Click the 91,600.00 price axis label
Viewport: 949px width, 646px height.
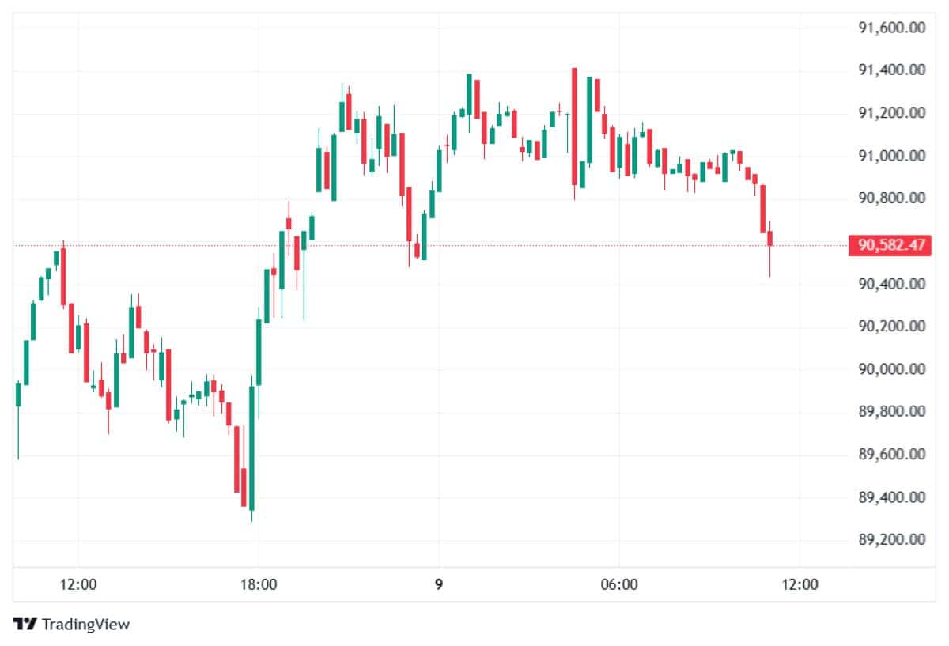point(892,28)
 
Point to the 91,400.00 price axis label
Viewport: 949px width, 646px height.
point(892,71)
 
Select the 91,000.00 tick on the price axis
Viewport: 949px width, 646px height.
point(892,156)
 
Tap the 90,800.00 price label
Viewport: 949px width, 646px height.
point(892,198)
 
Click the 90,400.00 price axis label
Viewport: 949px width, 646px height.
point(892,284)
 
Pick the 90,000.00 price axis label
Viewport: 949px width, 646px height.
point(892,369)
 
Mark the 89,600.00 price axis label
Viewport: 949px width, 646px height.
point(892,455)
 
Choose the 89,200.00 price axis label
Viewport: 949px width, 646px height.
point(892,540)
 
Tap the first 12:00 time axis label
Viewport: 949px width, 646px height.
point(78,585)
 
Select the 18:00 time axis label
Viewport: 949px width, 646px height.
point(259,585)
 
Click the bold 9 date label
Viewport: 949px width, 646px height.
point(439,585)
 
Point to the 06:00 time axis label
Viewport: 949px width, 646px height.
point(619,585)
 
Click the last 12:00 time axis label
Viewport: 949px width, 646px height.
point(800,585)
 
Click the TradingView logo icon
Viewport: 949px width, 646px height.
point(26,624)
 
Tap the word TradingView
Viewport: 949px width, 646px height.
point(85,625)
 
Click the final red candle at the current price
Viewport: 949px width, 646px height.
point(770,238)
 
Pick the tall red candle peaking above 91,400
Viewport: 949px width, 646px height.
point(574,127)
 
